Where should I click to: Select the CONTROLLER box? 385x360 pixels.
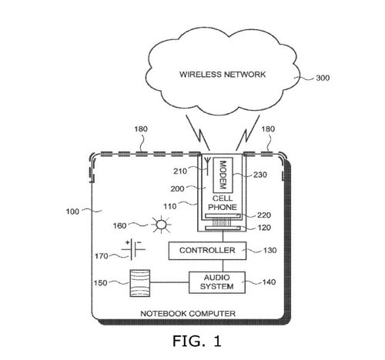tap(207, 251)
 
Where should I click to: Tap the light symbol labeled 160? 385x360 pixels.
tap(160, 225)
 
